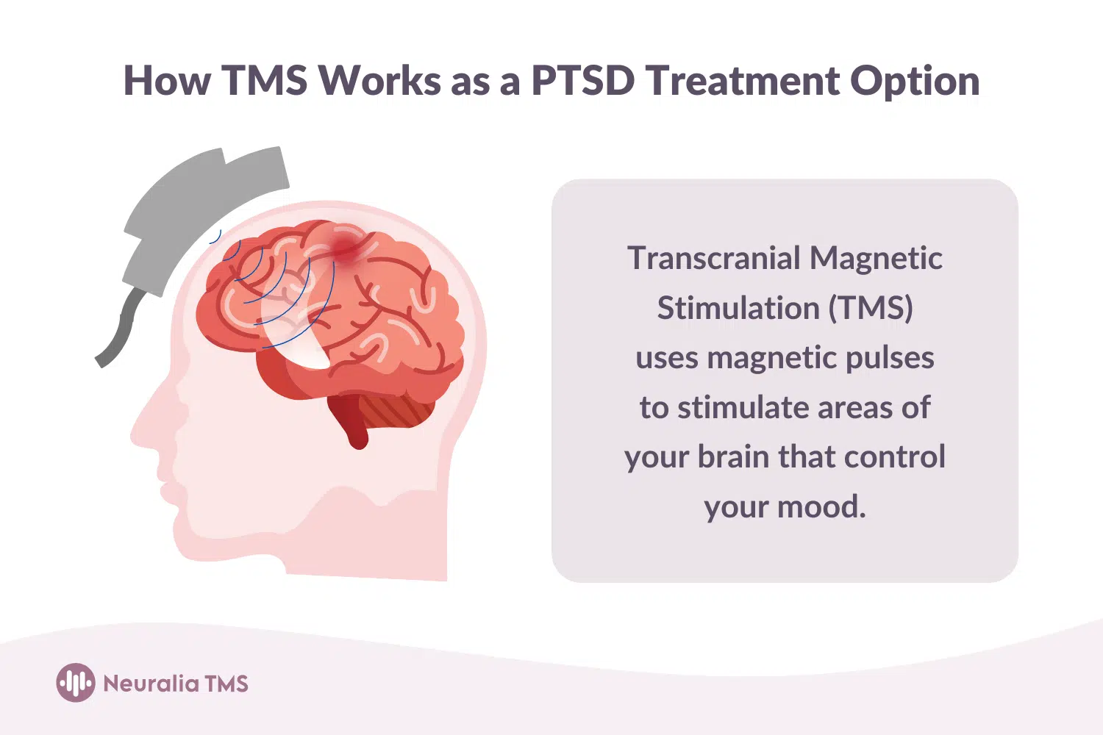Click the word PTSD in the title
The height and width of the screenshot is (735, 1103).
pos(582,80)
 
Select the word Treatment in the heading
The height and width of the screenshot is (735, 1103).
pos(743,80)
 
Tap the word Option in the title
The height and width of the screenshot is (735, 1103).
pos(915,82)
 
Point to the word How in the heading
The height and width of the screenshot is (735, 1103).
pos(168,80)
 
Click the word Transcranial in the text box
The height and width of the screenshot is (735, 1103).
pos(713,258)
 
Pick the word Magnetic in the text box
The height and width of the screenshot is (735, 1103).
pos(876,258)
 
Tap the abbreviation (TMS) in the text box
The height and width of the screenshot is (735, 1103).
pos(871,308)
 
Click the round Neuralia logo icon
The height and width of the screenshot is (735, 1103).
pos(75,683)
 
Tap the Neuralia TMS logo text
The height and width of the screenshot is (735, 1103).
pos(176,684)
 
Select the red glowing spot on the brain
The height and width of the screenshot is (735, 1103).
pos(346,245)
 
